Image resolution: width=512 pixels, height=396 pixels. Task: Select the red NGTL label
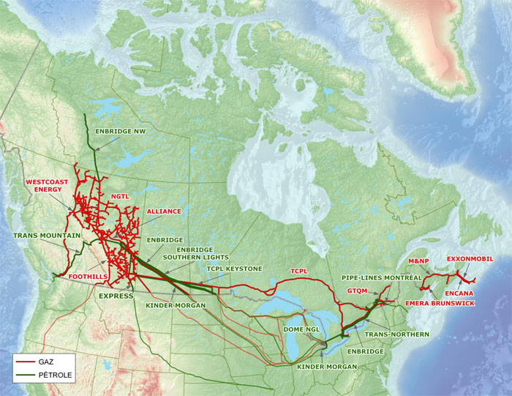click(119, 197)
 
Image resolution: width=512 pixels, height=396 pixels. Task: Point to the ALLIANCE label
click(164, 211)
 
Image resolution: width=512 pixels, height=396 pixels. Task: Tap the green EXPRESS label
click(116, 296)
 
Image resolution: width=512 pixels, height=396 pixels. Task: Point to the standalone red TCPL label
click(299, 271)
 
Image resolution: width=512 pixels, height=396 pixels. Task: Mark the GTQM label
click(357, 291)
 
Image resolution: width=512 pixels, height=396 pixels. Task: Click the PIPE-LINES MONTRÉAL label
click(381, 278)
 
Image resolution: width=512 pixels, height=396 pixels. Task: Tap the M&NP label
click(418, 261)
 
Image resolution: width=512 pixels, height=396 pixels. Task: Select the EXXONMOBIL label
click(470, 258)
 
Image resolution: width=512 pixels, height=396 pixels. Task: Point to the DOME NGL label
click(302, 330)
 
